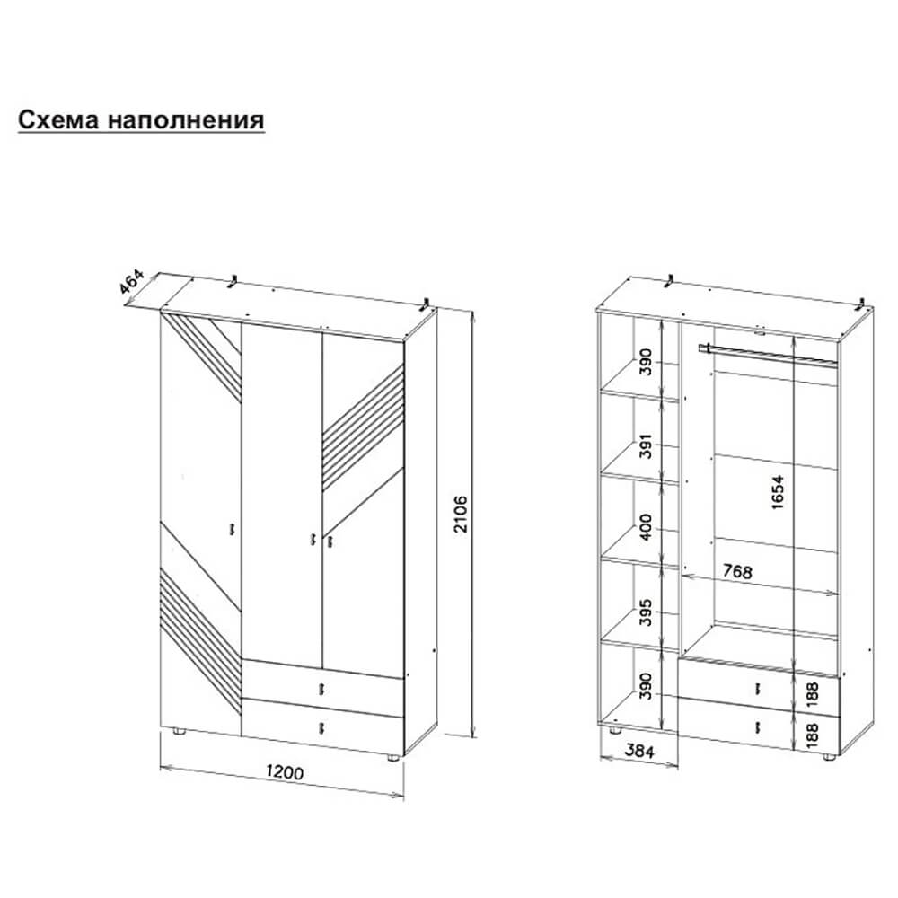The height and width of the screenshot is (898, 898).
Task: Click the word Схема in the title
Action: (x=59, y=120)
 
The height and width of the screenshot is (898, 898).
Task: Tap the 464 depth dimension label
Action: (x=131, y=282)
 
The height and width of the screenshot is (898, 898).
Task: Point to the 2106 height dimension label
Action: (x=461, y=515)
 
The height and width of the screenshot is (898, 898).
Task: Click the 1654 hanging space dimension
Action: (x=777, y=492)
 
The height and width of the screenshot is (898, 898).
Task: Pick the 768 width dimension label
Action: (x=737, y=571)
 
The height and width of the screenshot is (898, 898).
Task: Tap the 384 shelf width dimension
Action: (x=638, y=750)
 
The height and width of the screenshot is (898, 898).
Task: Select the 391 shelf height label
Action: (x=646, y=445)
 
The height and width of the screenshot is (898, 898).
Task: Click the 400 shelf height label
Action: (x=646, y=527)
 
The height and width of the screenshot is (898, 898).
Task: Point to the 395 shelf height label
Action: (x=646, y=612)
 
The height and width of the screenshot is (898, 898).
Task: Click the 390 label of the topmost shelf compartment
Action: (x=646, y=361)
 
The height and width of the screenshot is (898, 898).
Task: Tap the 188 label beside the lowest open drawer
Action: (x=812, y=735)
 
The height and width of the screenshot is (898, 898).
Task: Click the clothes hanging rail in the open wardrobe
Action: (x=768, y=354)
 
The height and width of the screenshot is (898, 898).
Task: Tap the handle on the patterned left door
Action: (x=233, y=529)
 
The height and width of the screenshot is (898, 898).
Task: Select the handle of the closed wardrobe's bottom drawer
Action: (x=322, y=727)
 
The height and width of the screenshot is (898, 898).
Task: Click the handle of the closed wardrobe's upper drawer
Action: (x=321, y=689)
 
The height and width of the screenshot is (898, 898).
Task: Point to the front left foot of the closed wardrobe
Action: (x=180, y=731)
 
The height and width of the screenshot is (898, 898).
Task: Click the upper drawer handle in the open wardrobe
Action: (x=758, y=689)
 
